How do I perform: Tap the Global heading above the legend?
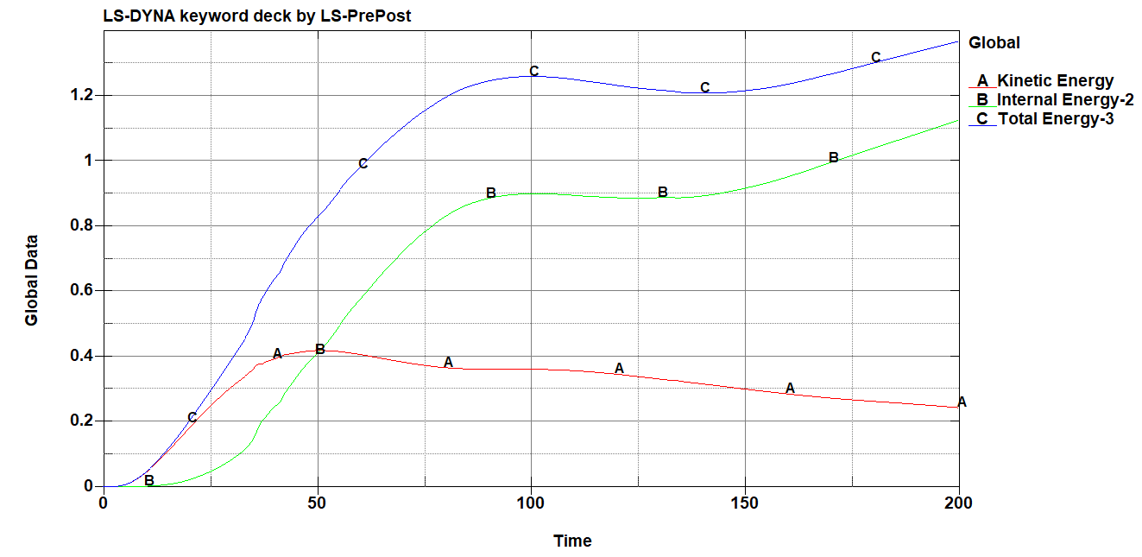click(994, 42)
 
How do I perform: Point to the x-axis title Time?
click(572, 541)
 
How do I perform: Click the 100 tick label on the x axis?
click(531, 503)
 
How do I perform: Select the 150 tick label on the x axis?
click(745, 503)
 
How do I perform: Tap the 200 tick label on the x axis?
click(958, 503)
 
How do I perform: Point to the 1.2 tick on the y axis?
click(82, 95)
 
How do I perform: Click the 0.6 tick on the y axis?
click(82, 291)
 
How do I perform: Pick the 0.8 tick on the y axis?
click(82, 225)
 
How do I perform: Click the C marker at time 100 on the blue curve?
click(533, 71)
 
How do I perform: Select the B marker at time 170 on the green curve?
click(833, 158)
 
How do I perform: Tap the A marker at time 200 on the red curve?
click(962, 402)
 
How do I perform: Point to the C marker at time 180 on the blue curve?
click(875, 58)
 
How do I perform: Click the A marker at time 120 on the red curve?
click(619, 369)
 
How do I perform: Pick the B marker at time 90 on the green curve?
click(491, 193)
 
